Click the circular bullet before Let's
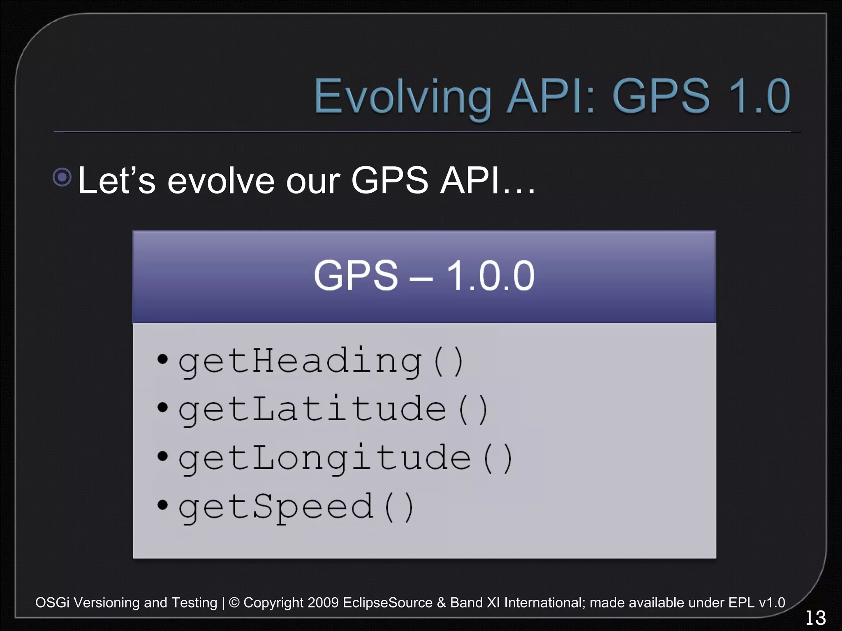tap(62, 177)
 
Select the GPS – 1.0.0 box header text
tap(424, 276)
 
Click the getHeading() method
tap(321, 362)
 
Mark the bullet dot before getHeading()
tap(163, 359)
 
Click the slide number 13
tap(815, 618)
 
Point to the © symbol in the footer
tap(234, 603)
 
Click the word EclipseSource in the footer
tap(387, 603)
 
